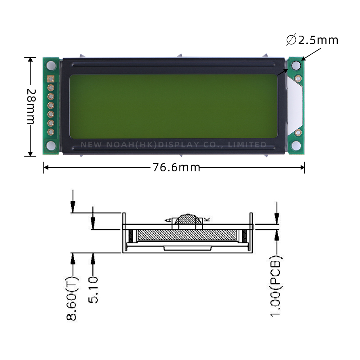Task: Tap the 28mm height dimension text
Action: point(31,107)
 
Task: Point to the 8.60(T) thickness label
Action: point(72,298)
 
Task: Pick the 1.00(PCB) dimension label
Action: point(276,287)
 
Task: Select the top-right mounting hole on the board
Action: point(296,66)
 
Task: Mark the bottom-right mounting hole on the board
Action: point(296,145)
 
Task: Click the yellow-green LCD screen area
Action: point(173,106)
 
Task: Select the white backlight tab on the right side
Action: point(294,106)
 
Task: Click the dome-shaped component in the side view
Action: point(188,220)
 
